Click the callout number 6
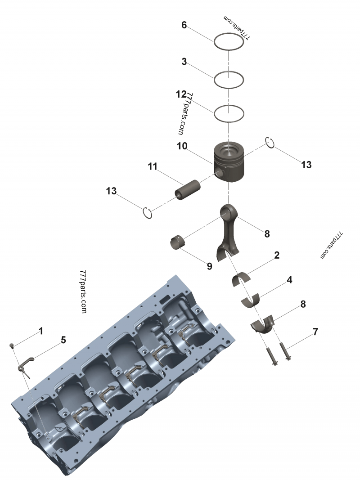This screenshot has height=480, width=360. pos(184,25)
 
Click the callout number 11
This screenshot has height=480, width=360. pos(153,167)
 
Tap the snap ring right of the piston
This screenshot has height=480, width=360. pos(270,142)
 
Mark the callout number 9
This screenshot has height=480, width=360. pos(209,266)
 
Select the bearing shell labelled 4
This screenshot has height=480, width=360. pos(252,300)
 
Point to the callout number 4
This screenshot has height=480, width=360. pos(290,280)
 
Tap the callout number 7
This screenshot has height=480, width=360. pos(315,332)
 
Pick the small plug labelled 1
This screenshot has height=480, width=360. pos(13,345)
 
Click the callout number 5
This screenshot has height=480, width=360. pos(63,340)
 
